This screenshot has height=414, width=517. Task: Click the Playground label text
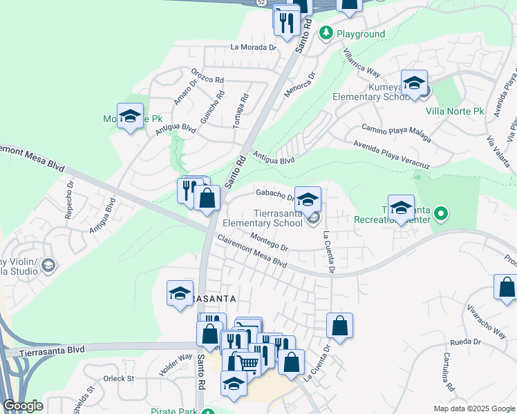[361, 34]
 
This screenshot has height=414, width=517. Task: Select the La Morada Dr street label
[253, 48]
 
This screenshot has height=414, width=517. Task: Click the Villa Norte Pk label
[455, 111]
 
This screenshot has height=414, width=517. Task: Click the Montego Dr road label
[269, 242]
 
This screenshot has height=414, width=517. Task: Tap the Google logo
[23, 406]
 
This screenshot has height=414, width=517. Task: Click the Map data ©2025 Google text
[473, 408]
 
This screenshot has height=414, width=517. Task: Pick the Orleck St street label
[119, 378]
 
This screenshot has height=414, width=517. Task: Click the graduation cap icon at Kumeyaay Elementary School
[414, 83]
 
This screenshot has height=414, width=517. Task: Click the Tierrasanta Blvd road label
[52, 350]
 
